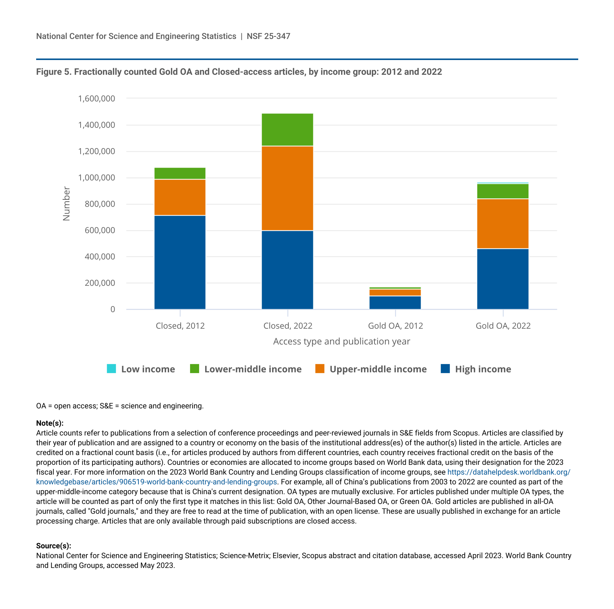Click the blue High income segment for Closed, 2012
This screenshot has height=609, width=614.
(180, 262)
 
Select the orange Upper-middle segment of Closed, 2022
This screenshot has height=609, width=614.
(287, 188)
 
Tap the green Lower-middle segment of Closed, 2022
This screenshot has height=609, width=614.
(287, 130)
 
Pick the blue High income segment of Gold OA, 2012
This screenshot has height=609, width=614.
(395, 303)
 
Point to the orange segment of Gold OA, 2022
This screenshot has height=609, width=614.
(503, 224)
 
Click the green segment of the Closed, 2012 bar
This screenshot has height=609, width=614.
(180, 173)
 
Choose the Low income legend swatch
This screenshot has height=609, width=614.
(112, 369)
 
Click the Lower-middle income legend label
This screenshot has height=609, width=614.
(253, 369)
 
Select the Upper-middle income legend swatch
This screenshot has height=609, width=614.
(320, 369)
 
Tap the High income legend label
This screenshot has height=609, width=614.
(483, 369)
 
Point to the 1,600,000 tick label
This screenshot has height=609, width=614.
(96, 99)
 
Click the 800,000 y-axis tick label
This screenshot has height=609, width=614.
(100, 204)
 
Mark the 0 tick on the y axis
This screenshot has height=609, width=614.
(113, 309)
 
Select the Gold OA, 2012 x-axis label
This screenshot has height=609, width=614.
(395, 326)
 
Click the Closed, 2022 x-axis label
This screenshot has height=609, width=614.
(288, 326)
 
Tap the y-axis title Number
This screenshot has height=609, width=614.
(66, 203)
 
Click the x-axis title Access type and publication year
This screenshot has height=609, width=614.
(342, 341)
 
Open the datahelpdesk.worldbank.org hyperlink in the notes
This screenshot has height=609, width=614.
(508, 472)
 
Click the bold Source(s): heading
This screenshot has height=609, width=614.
(53, 546)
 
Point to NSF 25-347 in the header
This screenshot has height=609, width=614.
(269, 36)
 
